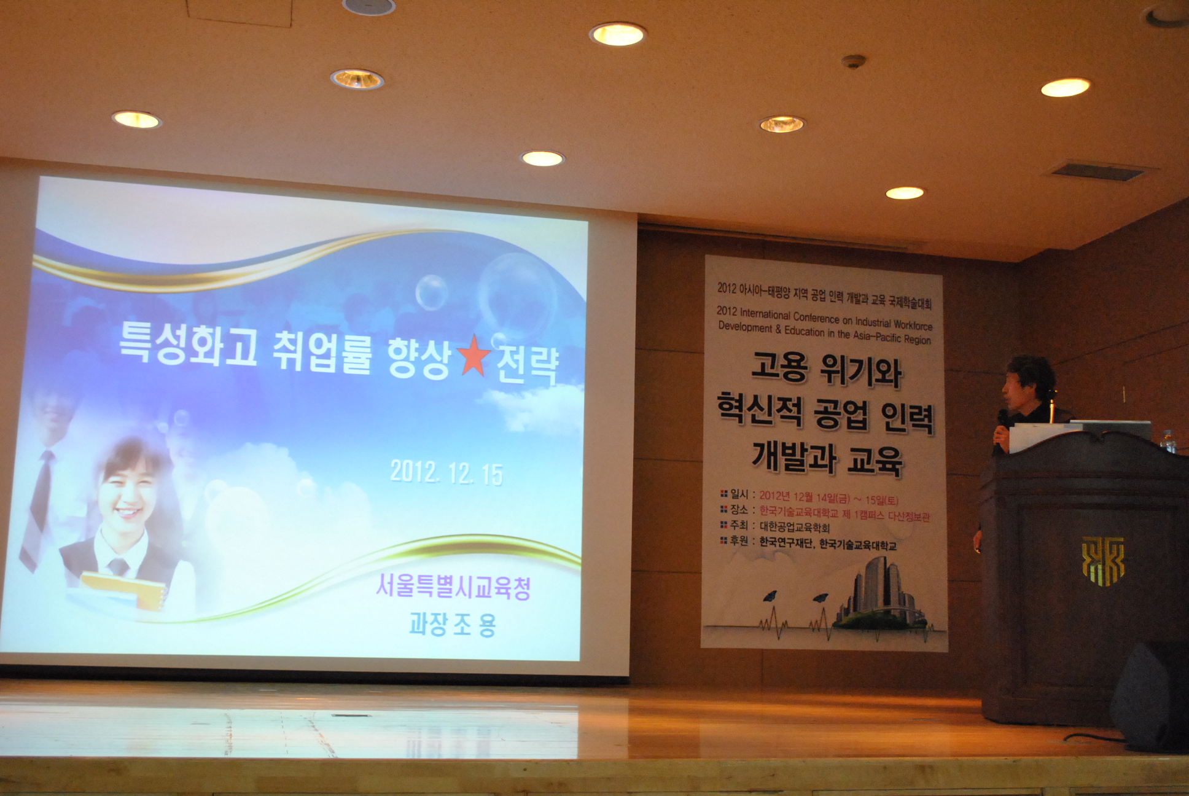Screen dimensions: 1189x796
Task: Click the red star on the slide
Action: (472, 355)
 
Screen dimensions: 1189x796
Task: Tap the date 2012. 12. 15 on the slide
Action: (446, 472)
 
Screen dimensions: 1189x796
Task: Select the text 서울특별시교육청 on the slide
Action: (453, 586)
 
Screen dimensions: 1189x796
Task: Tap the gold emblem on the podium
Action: (1103, 561)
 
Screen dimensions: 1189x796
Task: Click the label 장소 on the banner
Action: (739, 510)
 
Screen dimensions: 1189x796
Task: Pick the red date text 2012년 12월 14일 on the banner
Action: (805, 496)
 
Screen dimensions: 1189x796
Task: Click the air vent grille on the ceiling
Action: (1098, 171)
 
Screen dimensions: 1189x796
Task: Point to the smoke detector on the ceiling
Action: (854, 61)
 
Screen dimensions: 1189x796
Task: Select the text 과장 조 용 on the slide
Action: (452, 624)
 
